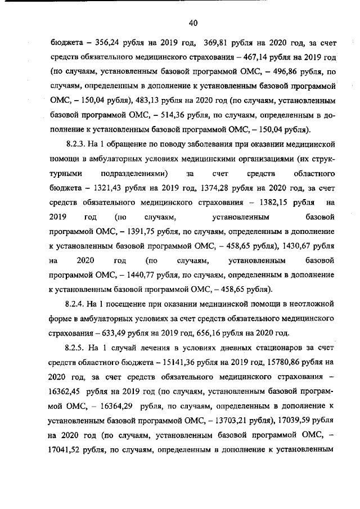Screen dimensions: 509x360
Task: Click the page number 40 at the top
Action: click(193, 23)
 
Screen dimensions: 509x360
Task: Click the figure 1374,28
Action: click(219, 188)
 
